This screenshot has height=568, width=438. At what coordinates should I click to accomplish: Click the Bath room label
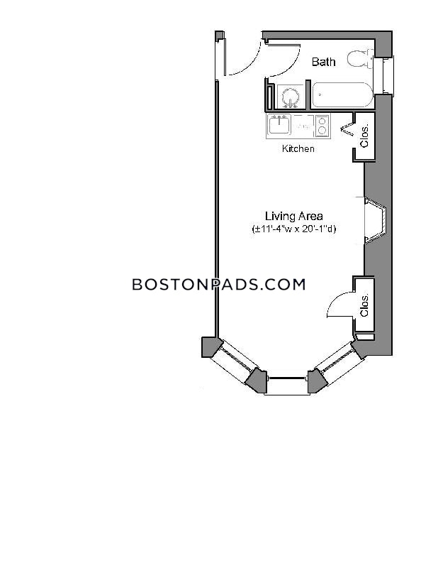(323, 62)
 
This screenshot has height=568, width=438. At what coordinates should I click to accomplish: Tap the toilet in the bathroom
(360, 58)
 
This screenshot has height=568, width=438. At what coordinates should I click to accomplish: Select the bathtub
(342, 95)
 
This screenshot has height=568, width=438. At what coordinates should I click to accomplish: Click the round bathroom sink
(291, 97)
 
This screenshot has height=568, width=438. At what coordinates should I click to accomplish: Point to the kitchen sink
(279, 125)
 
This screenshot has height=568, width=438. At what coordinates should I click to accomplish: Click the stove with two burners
(322, 126)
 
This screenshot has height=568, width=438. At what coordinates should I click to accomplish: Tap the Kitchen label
(298, 148)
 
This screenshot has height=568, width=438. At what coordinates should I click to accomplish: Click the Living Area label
(293, 217)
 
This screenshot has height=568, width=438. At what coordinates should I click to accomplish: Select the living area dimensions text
(293, 229)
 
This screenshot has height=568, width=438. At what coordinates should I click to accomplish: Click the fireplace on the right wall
(375, 220)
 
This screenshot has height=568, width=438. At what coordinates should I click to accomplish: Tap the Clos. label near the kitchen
(364, 136)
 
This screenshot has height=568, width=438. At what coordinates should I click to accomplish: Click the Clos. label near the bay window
(364, 305)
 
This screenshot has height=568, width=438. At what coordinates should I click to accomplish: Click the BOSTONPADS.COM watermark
(219, 285)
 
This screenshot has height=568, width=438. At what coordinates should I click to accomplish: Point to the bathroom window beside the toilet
(383, 75)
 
